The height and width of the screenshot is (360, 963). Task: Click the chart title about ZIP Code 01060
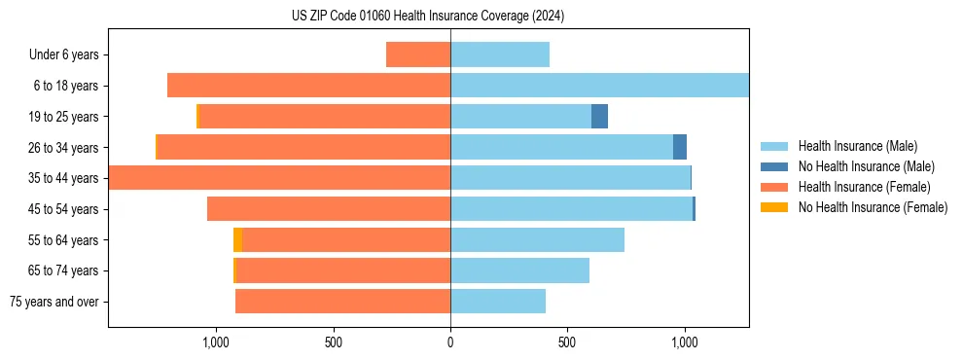click(428, 17)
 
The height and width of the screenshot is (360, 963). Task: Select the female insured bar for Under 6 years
click(418, 54)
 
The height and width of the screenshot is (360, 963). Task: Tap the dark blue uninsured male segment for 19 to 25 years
click(599, 117)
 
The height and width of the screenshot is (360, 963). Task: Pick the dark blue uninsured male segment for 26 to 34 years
click(680, 147)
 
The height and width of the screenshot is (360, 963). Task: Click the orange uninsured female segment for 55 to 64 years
click(237, 239)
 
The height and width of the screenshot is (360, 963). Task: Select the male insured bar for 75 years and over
click(498, 302)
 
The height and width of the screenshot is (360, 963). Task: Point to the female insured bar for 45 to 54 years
click(329, 209)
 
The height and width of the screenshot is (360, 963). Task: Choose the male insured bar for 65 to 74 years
click(519, 270)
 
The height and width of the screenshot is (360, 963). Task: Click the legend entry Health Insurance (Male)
click(857, 146)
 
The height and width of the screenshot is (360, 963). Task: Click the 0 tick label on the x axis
click(450, 342)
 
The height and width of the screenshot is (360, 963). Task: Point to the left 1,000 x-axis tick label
click(215, 342)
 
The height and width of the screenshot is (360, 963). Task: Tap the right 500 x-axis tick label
click(567, 342)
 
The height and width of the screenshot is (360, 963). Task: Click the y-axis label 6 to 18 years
click(65, 86)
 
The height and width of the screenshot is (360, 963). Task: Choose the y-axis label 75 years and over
click(54, 302)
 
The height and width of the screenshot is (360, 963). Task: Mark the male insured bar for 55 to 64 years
click(537, 239)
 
